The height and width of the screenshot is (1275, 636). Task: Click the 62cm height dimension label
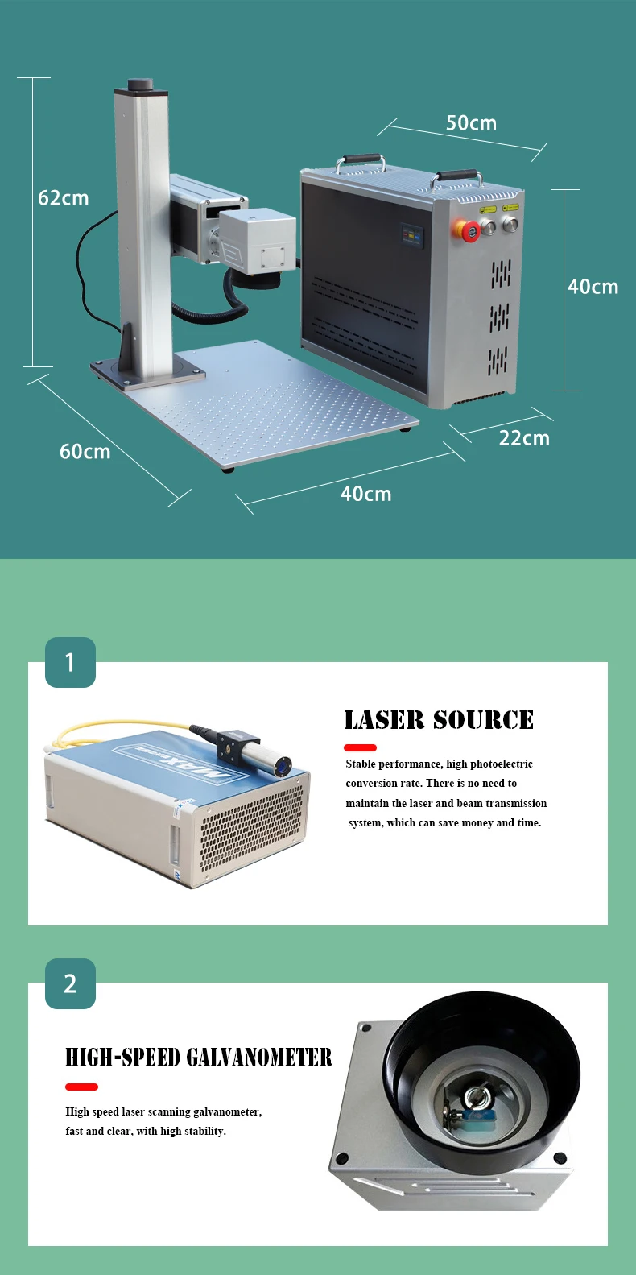(64, 198)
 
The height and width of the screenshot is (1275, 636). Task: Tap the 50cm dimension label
(471, 123)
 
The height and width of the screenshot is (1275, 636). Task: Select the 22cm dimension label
(524, 438)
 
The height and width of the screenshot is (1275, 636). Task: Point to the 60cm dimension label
(85, 452)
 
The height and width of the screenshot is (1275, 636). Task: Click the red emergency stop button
(467, 231)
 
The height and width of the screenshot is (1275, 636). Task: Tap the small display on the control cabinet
(412, 234)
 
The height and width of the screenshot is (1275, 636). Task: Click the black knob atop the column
(140, 85)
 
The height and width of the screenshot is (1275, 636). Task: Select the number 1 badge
(70, 662)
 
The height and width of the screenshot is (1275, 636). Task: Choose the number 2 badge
(70, 983)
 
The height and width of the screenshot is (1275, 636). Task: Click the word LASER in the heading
(384, 720)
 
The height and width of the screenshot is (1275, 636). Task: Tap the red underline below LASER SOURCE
(360, 748)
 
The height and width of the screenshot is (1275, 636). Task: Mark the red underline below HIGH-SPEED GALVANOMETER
(81, 1087)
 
